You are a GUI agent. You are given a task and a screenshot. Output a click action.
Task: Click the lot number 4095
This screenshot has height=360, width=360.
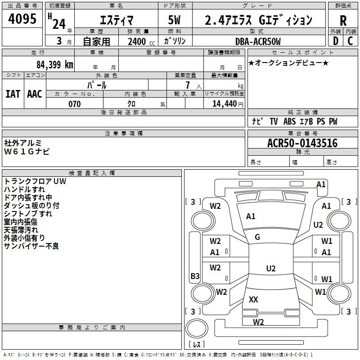click(x=22, y=19)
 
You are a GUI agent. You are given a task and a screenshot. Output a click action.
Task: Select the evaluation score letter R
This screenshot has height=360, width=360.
click(x=343, y=21)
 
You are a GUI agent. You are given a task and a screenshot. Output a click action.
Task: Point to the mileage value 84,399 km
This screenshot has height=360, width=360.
click(x=54, y=65)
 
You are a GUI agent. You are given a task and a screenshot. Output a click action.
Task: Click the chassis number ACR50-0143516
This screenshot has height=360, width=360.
click(x=302, y=143)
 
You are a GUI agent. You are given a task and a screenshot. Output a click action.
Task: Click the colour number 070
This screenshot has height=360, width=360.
click(x=74, y=104)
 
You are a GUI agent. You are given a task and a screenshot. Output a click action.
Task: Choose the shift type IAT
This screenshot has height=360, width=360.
click(x=13, y=93)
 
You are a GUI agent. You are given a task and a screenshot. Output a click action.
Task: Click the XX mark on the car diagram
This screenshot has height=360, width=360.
click(x=253, y=299)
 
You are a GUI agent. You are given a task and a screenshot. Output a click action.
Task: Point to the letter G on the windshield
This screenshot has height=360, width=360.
click(x=257, y=237)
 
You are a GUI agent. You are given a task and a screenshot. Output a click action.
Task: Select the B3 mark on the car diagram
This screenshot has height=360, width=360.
click(x=195, y=276)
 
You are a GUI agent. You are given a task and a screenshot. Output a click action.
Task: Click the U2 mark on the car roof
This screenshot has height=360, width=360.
click(x=270, y=269)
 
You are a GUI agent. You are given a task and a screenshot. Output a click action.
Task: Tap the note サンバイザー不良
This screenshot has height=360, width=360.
click(x=31, y=246)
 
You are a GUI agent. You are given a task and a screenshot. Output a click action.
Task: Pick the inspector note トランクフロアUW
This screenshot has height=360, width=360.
click(x=35, y=181)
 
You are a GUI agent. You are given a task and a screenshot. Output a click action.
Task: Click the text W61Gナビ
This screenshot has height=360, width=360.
click(x=27, y=151)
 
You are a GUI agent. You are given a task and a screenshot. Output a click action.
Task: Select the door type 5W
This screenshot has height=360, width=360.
click(x=175, y=21)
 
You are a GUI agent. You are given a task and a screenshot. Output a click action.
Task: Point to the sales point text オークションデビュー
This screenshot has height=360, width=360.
click(x=288, y=63)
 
